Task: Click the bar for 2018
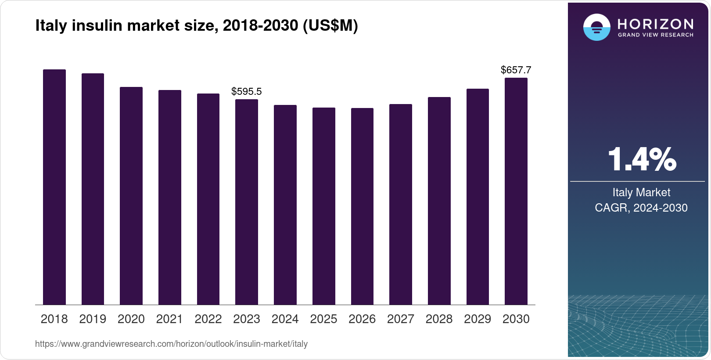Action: click(x=54, y=187)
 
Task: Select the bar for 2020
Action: click(x=131, y=196)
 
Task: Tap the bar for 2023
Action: click(x=247, y=202)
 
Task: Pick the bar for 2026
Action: click(x=362, y=206)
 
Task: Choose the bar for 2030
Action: click(x=516, y=191)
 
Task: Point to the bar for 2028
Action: click(x=439, y=201)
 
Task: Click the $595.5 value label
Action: click(x=247, y=91)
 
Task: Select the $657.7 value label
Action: click(x=516, y=70)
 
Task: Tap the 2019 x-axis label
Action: click(x=93, y=319)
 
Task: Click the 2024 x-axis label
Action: click(x=285, y=319)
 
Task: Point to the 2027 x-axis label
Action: click(x=401, y=319)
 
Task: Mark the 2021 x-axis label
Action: click(x=169, y=319)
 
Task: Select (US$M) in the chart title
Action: click(x=330, y=25)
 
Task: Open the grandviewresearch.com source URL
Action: click(x=171, y=344)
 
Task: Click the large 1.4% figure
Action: click(x=642, y=159)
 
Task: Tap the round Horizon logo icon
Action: click(x=596, y=27)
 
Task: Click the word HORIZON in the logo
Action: click(x=656, y=24)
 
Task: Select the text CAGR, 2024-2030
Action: click(x=641, y=208)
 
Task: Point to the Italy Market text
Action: click(x=641, y=192)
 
